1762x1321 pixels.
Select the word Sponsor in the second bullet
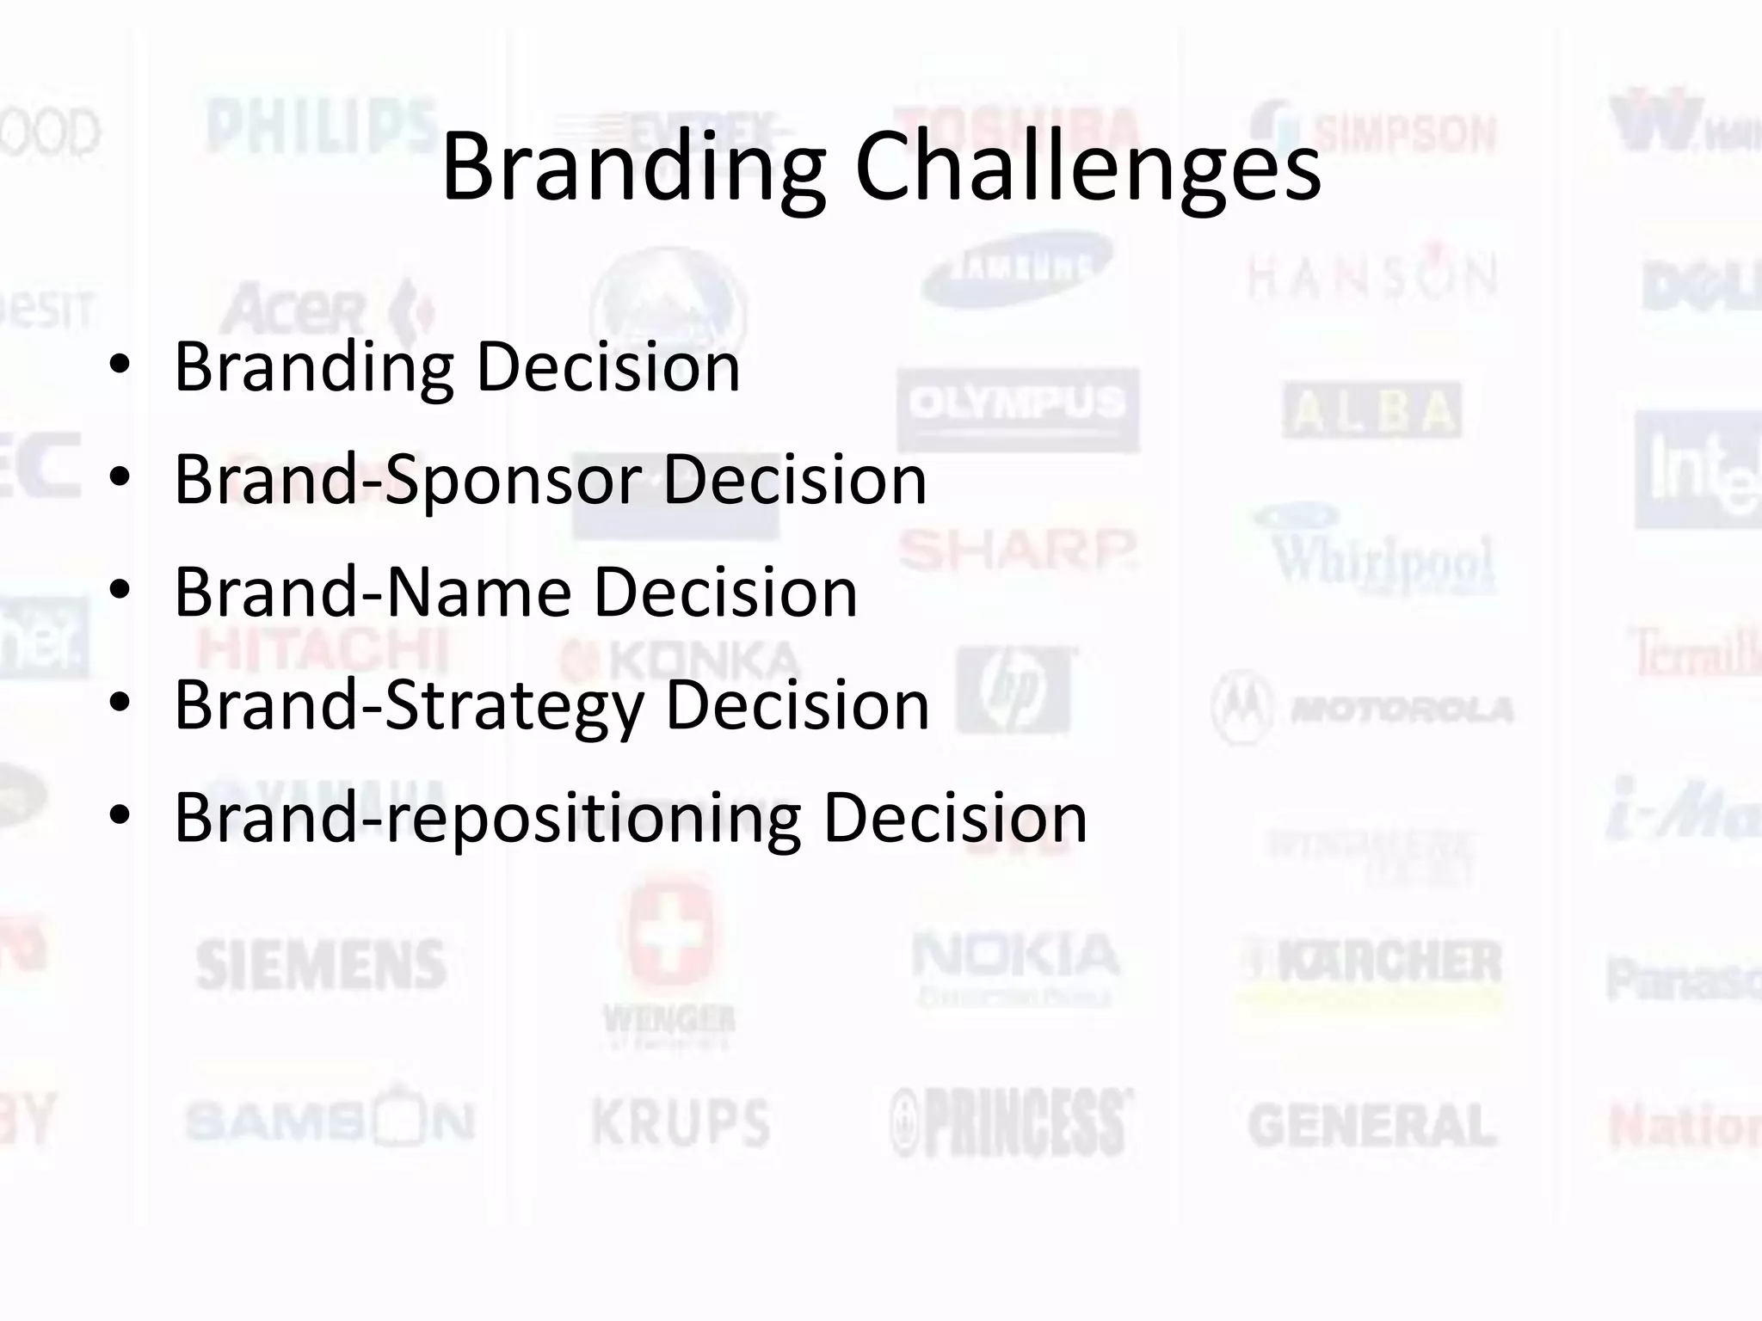514,479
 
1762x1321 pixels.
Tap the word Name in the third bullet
478,592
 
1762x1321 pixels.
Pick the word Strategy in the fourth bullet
514,705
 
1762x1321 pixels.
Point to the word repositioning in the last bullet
592,817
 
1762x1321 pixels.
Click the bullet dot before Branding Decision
120,366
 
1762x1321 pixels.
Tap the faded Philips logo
320,127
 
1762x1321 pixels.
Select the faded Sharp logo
1018,549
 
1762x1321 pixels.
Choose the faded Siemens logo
321,964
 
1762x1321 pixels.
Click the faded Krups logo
681,1121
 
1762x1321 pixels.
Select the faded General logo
1372,1126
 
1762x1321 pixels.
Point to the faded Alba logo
1372,411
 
